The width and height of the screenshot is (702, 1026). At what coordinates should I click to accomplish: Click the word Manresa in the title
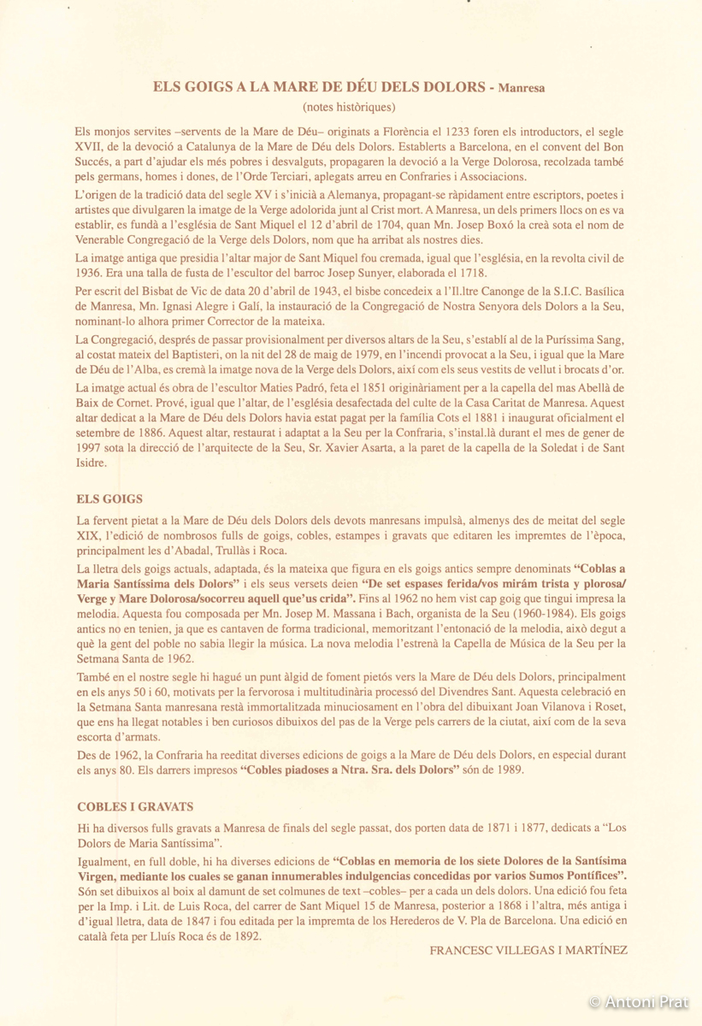(522, 87)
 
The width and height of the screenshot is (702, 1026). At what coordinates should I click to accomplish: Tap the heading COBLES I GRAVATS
(135, 805)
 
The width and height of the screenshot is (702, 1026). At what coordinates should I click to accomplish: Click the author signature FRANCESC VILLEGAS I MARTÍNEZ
(528, 950)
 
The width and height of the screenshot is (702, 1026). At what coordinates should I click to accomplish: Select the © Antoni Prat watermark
(638, 1002)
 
